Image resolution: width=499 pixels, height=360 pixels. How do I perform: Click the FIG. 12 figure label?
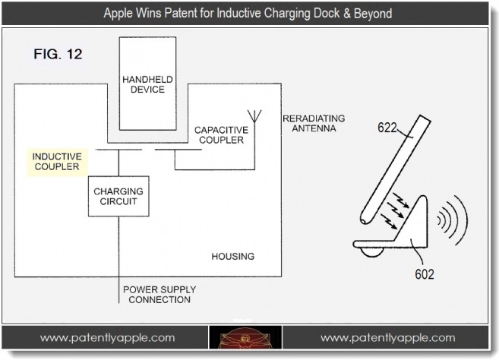(58, 54)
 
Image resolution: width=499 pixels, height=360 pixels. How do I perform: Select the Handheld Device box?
(147, 83)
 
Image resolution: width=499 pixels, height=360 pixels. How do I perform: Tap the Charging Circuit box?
(118, 197)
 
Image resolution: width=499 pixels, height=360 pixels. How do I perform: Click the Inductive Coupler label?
(55, 161)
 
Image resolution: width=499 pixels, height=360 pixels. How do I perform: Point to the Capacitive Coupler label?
(219, 134)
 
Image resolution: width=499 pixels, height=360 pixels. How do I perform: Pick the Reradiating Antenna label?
(313, 123)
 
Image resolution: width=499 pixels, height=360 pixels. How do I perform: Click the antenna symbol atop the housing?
(256, 116)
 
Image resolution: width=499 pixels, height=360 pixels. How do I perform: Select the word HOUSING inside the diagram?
(232, 256)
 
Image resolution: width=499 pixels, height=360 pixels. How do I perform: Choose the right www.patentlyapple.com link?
(387, 338)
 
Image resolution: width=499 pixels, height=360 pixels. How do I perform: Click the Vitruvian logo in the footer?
(246, 339)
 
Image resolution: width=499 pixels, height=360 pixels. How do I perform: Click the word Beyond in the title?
(370, 14)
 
